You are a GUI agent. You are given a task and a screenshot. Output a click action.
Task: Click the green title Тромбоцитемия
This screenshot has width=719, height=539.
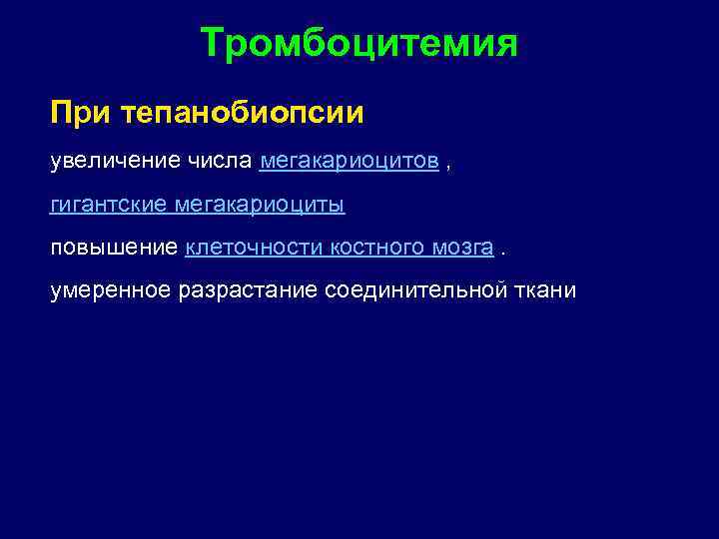(359, 44)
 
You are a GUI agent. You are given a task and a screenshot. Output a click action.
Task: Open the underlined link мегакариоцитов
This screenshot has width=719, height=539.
(349, 161)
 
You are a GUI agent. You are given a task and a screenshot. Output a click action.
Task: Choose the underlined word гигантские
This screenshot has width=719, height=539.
(110, 205)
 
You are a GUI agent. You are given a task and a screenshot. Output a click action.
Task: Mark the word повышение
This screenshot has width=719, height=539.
(115, 248)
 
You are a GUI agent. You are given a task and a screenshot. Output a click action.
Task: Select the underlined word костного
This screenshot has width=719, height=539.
(374, 248)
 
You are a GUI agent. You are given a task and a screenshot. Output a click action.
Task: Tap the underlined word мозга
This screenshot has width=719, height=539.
(464, 248)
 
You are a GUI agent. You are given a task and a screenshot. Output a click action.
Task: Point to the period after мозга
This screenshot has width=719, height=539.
(503, 253)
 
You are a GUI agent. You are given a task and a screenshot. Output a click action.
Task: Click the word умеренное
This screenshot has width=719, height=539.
(112, 290)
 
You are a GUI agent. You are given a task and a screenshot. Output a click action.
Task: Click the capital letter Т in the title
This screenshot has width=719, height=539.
(212, 44)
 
